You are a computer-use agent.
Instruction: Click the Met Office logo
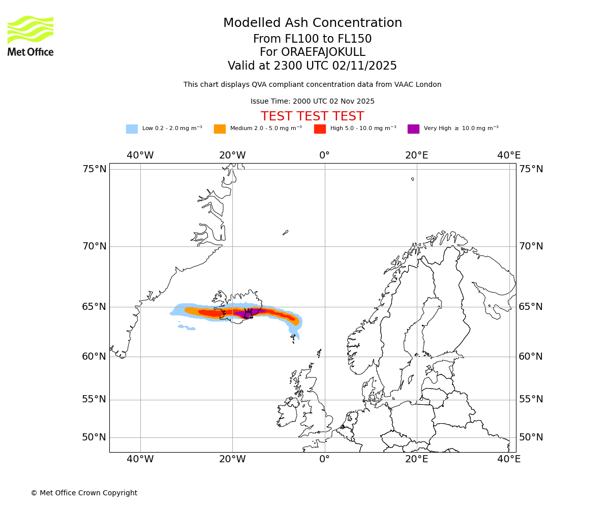[30, 36]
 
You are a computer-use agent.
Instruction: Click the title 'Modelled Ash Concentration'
[313, 23]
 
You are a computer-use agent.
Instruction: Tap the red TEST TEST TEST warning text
[313, 116]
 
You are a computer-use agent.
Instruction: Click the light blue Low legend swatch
[132, 129]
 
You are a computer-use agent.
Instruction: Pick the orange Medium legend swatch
[220, 129]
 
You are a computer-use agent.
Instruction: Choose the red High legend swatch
[320, 129]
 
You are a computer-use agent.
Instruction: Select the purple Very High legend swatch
[413, 129]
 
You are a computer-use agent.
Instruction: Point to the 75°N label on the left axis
[95, 169]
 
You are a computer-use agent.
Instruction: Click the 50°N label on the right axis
[531, 437]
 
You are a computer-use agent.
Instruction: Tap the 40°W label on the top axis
[140, 155]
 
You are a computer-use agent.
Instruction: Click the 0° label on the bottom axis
[324, 459]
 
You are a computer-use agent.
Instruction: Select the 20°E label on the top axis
[417, 155]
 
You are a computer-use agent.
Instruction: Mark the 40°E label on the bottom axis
[509, 459]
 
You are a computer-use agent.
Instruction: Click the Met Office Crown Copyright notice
[84, 493]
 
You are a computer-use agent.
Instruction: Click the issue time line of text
[313, 101]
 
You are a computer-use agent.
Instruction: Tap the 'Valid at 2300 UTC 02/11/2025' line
[313, 66]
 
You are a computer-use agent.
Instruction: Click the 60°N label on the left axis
[95, 356]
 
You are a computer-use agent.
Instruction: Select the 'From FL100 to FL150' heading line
[313, 39]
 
